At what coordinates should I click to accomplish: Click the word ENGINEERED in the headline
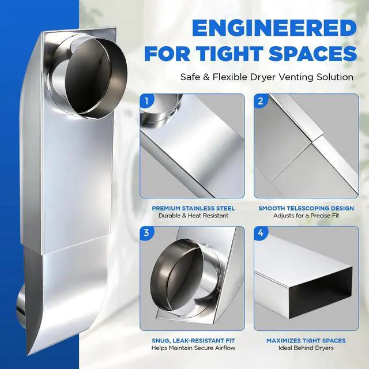click(x=274, y=28)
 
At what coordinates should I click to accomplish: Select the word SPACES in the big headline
click(x=313, y=54)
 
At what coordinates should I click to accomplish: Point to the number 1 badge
click(x=146, y=101)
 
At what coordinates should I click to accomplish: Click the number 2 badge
click(x=261, y=101)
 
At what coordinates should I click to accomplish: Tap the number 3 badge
click(x=146, y=233)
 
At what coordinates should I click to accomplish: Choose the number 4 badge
click(x=261, y=233)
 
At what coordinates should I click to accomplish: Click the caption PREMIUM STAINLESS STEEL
click(x=193, y=208)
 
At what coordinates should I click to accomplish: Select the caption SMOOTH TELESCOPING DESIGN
click(x=306, y=208)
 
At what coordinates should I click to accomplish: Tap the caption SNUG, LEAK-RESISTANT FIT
click(x=193, y=341)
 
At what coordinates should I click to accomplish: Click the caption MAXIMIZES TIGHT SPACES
click(x=306, y=341)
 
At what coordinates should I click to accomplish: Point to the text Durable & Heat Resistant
click(x=193, y=216)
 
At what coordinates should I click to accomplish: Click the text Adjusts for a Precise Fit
click(x=306, y=216)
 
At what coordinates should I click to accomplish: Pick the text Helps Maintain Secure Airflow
click(x=193, y=348)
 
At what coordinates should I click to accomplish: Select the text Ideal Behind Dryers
click(x=306, y=348)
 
